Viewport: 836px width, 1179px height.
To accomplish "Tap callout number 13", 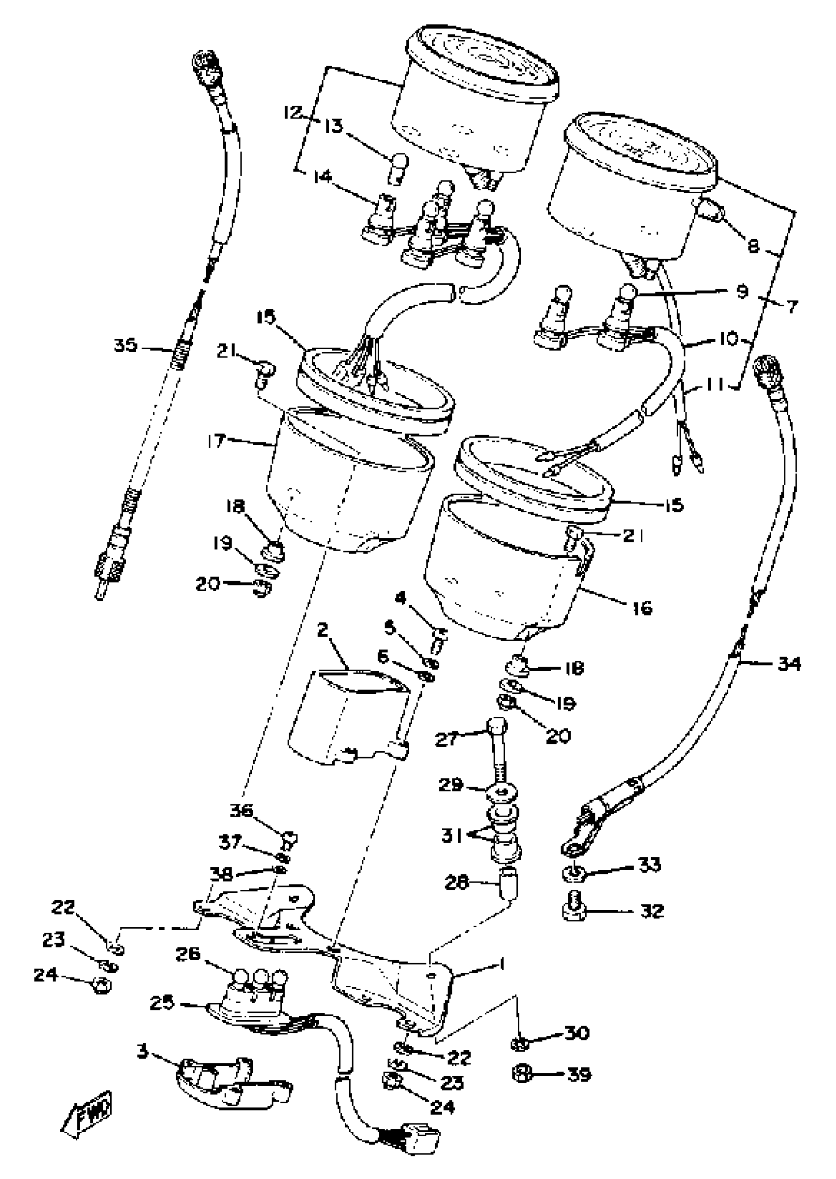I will click(333, 125).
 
